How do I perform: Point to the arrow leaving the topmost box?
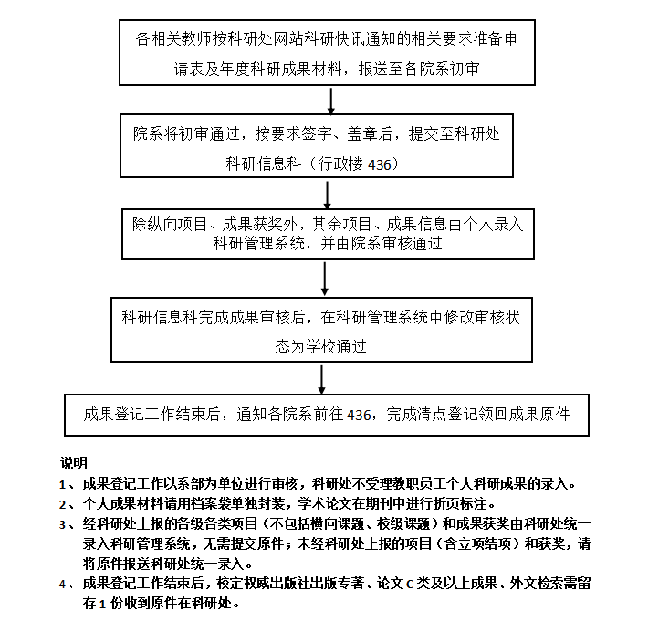tap(330, 100)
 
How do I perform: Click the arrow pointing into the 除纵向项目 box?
tap(328, 195)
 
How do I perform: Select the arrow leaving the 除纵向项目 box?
tap(325, 279)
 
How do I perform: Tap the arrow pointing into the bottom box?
tap(321, 379)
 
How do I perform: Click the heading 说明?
tap(74, 463)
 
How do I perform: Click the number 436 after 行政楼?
tap(380, 164)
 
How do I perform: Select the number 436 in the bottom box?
tap(359, 415)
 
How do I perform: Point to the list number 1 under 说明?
tap(62, 485)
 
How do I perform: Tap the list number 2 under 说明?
tap(62, 505)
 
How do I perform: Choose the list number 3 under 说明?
tap(62, 525)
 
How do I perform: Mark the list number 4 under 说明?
tap(62, 584)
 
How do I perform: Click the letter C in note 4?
tap(410, 584)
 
